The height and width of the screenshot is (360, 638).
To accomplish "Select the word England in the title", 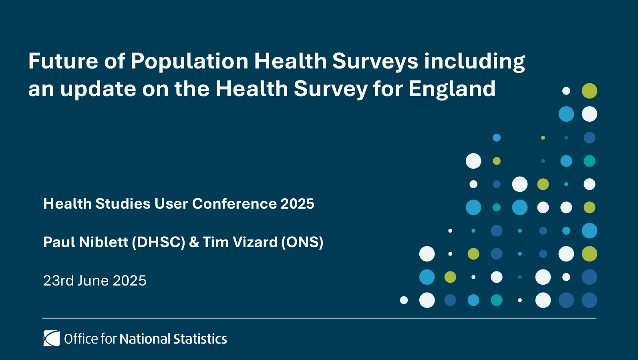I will [x=452, y=89].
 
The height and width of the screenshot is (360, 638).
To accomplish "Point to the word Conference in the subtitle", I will [x=234, y=204].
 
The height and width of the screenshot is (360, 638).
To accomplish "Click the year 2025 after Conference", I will [x=297, y=204].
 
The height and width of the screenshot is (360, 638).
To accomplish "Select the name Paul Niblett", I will [x=86, y=242].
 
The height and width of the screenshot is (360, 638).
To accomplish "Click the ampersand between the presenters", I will [x=194, y=242].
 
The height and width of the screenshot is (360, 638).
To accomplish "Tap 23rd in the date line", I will [x=58, y=281].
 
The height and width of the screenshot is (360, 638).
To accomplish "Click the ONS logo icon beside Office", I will [x=51, y=338].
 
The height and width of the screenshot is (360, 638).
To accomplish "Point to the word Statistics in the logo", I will [x=200, y=339].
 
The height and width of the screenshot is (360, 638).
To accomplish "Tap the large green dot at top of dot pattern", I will [x=589, y=91].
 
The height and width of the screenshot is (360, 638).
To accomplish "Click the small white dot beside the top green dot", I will [x=566, y=91].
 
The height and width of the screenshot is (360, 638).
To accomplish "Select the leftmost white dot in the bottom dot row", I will [x=404, y=300].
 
